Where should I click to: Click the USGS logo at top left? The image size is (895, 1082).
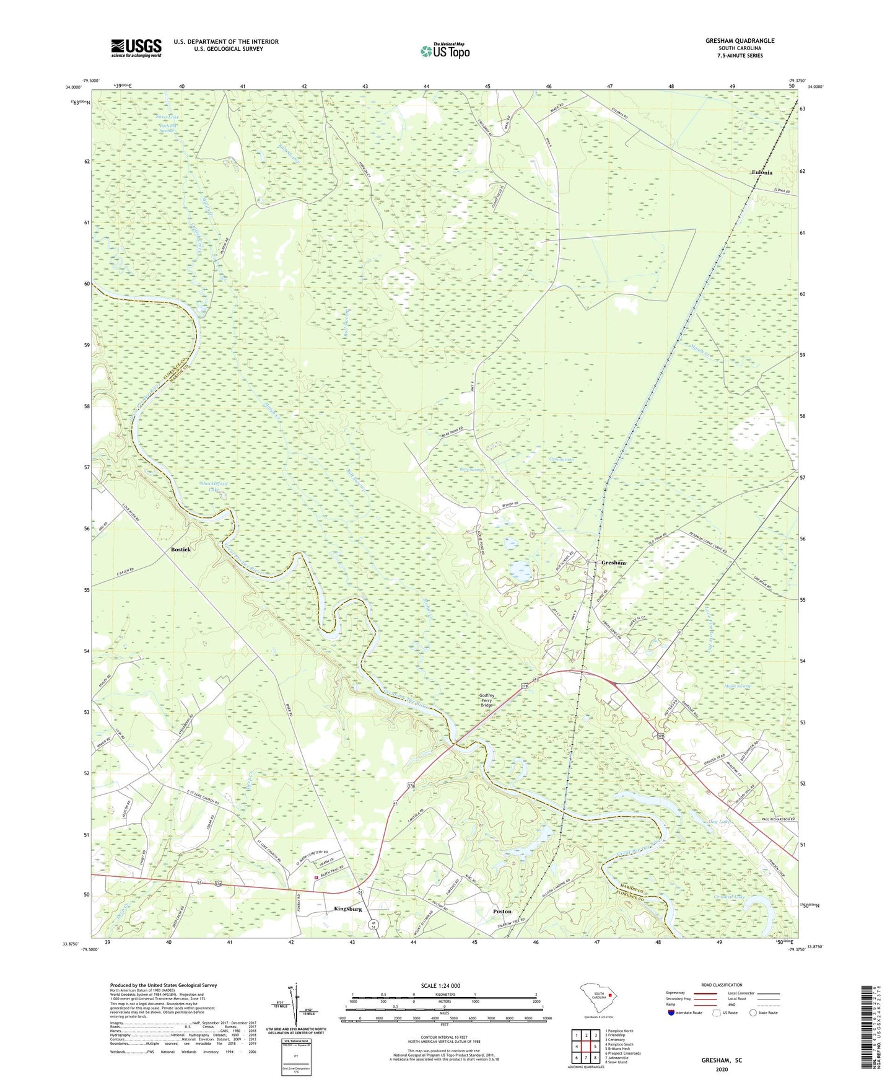coord(136,48)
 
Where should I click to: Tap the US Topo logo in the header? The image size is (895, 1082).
coord(444,51)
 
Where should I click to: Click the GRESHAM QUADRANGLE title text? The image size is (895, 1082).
coord(740,41)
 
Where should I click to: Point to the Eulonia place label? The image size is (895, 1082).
coord(761,173)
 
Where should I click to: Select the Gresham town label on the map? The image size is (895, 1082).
coord(613,563)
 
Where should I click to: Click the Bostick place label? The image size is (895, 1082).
coord(181,550)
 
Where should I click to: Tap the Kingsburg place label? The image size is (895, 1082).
coord(347,909)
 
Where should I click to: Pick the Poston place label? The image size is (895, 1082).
coord(502,912)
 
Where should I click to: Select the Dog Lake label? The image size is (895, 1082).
coord(718,822)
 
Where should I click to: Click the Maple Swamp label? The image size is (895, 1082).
coord(738,686)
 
